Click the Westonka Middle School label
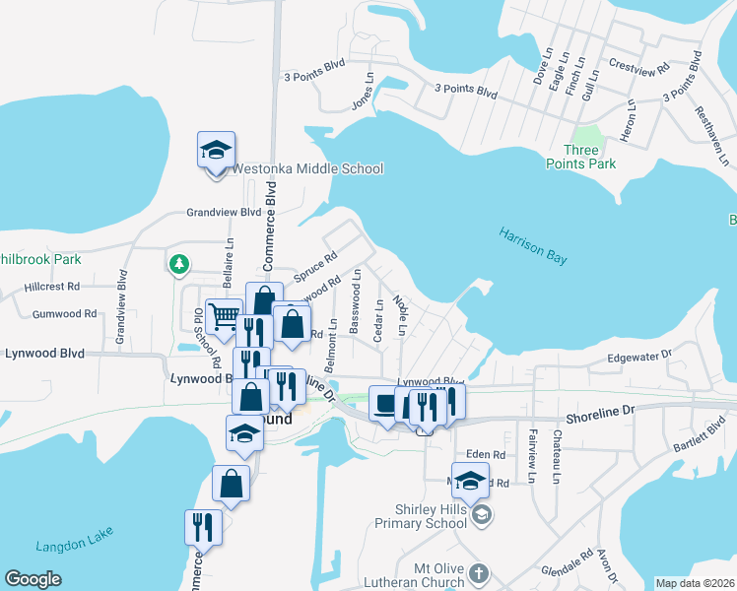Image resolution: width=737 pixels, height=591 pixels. pos(306,168)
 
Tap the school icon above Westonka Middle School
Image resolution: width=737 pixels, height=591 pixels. pos(217,151)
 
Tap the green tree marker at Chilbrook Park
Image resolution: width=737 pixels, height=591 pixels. pos(178,264)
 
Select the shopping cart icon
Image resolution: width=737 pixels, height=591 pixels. pos(225,316)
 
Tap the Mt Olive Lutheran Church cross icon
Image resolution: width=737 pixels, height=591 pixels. pos(479,573)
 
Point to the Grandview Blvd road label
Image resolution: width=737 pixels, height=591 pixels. pos(225,212)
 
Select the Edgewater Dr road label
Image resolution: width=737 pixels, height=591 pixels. pos(638,356)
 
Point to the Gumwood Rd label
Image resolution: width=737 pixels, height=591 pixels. pos(64,314)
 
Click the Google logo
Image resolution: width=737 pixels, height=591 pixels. pos(33,579)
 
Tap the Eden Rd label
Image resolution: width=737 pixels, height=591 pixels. pos(486,455)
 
